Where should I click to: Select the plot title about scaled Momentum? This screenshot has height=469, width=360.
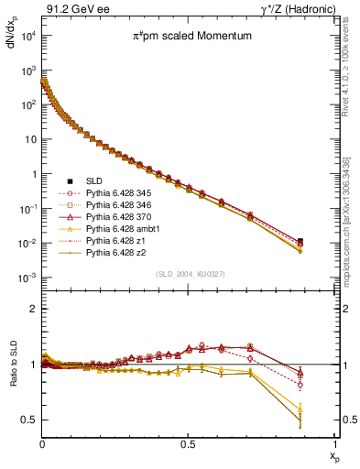pyautogui.click(x=182, y=36)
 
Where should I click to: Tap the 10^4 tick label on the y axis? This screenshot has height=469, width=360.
pyautogui.click(x=27, y=35)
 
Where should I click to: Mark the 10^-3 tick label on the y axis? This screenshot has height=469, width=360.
pyautogui.click(x=27, y=278)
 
